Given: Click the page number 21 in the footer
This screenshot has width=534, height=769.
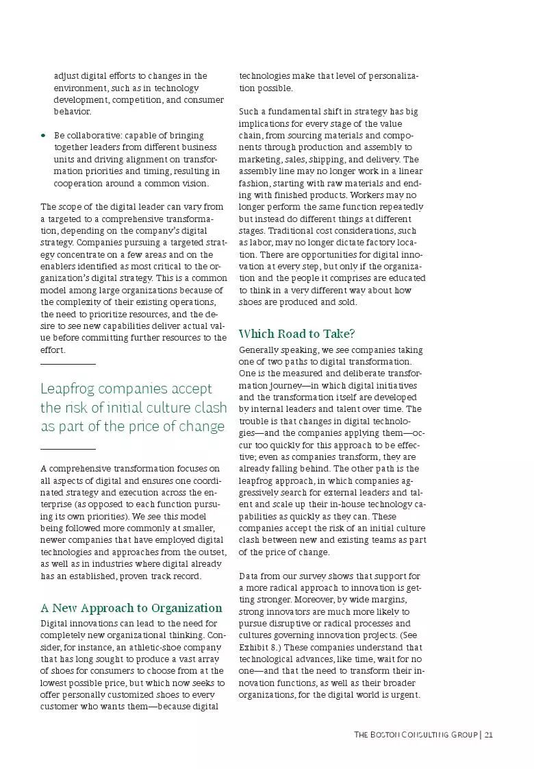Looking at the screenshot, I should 488,734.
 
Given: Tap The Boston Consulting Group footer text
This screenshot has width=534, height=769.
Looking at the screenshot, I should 416,734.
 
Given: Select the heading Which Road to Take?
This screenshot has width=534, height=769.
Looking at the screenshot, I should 296,334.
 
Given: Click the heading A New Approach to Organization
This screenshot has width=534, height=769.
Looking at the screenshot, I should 131,608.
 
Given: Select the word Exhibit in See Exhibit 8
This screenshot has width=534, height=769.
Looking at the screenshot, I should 255,647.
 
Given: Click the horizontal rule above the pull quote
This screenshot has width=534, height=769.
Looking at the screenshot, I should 68,364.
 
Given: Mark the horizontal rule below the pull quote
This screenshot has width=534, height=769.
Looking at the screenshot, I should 68,449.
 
